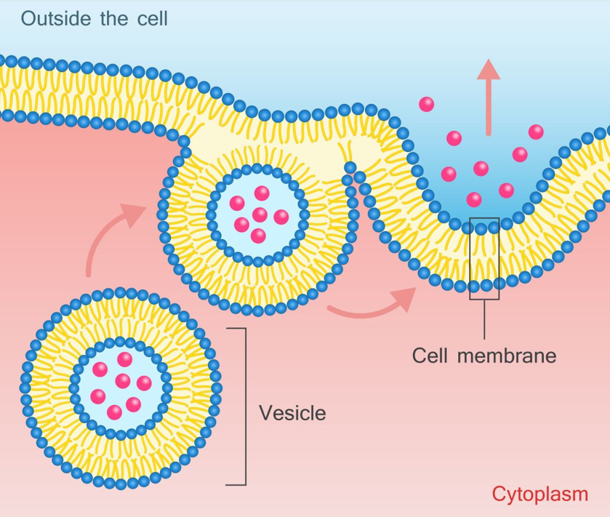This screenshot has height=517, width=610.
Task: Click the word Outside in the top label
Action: point(56,19)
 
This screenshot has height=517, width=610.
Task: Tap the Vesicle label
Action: point(292,413)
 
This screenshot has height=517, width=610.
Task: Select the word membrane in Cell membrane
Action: point(507,356)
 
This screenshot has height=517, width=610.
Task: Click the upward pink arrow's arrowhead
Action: point(489,70)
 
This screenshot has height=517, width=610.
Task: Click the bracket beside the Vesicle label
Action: point(246,406)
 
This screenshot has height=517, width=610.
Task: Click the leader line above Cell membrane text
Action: point(484,319)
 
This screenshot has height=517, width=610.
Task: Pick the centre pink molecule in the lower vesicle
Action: point(123,381)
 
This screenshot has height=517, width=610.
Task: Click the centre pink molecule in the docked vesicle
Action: point(260,215)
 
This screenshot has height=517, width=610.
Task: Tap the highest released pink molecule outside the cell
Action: point(426,104)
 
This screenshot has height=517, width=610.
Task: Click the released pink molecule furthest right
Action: point(536,132)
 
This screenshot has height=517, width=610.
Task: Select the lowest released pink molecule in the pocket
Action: point(474,199)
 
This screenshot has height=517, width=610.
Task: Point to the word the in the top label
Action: point(114,19)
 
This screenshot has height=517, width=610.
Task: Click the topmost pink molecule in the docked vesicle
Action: point(262,193)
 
